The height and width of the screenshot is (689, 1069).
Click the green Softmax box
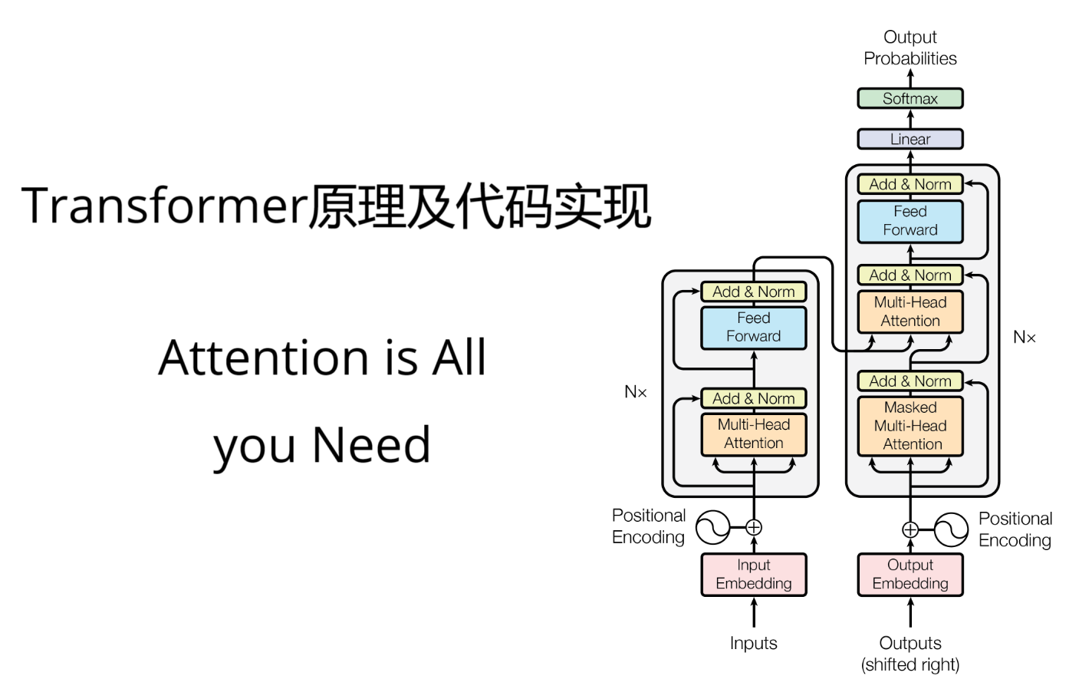point(909,98)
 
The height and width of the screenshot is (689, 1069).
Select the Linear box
point(909,139)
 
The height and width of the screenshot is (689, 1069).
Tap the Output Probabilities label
point(909,48)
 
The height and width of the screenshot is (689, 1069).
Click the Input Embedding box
point(753,574)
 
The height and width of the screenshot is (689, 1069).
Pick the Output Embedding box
point(909,574)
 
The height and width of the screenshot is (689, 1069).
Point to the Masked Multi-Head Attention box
point(909,426)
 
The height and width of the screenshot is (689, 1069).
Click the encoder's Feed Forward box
point(753,328)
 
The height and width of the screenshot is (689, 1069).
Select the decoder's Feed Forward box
point(909,221)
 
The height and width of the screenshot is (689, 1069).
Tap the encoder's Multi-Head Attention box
point(753,434)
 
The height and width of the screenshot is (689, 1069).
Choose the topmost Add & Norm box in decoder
point(909,184)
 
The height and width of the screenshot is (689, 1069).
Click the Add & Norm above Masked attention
point(909,381)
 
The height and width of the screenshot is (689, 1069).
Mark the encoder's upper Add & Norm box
point(753,292)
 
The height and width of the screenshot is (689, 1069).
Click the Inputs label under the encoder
point(753,643)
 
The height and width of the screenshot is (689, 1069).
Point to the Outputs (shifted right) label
point(909,654)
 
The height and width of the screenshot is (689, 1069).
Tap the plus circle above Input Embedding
point(754,527)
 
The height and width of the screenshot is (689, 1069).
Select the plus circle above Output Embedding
point(910,529)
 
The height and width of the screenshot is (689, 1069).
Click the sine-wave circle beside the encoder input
point(712,527)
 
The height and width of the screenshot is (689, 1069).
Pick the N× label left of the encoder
point(636,392)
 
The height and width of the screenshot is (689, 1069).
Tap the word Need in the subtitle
point(372,445)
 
